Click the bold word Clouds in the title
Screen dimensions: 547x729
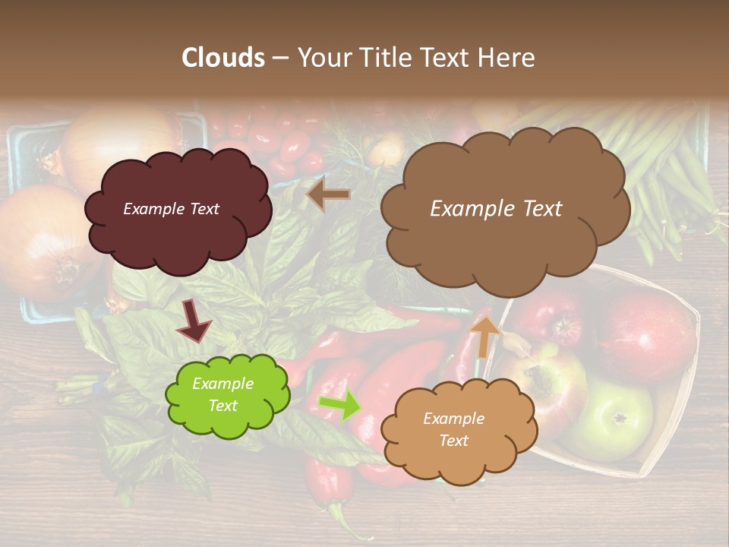coord(223,58)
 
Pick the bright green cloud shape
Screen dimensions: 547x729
coord(226,395)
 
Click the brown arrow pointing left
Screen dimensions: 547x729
coord(328,194)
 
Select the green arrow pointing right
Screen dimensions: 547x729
coord(339,405)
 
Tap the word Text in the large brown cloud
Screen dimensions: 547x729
coord(538,209)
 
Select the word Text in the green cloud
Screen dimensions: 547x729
coord(222,406)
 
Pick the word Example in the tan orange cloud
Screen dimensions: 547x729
coord(453,419)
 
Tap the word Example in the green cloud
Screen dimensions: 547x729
coord(222,384)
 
